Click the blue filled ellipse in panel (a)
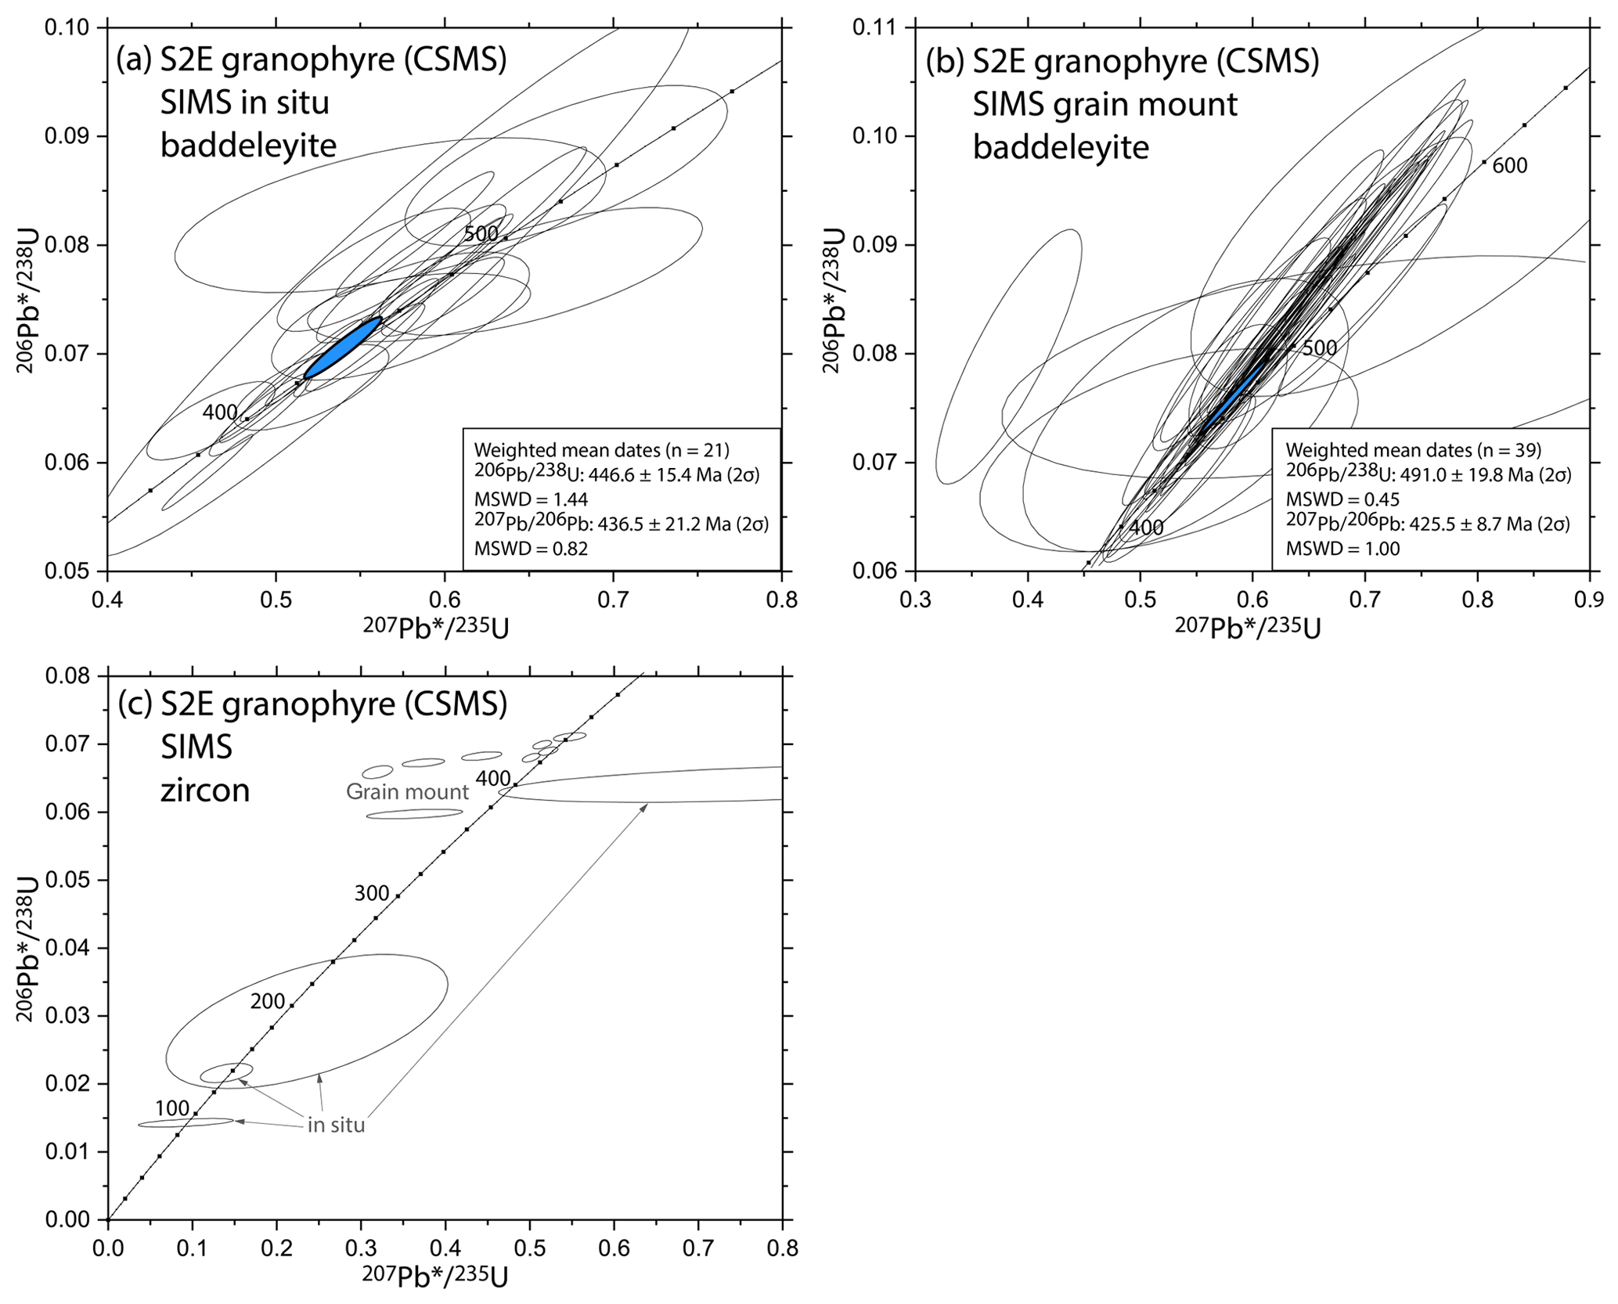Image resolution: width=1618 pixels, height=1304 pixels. click(x=342, y=348)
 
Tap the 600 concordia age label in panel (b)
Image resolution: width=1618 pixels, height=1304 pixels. click(x=1509, y=166)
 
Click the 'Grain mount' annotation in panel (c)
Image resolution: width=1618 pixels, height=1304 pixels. click(x=407, y=791)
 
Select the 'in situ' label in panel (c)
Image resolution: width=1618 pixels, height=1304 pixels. click(x=336, y=1126)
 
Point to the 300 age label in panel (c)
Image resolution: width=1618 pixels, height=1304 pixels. click(x=372, y=893)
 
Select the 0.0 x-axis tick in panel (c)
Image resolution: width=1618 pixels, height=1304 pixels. click(x=107, y=1247)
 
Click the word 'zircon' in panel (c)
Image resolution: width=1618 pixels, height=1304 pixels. click(x=205, y=791)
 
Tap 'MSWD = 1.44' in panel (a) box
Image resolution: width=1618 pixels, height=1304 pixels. click(x=531, y=499)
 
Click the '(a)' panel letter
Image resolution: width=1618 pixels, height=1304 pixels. click(x=134, y=59)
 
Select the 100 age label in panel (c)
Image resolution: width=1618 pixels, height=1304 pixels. click(x=172, y=1108)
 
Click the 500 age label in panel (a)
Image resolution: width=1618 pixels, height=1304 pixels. click(x=481, y=233)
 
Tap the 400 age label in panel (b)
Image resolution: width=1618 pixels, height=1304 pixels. click(x=1146, y=528)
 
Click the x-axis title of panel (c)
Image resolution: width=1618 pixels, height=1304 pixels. click(x=434, y=1277)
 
